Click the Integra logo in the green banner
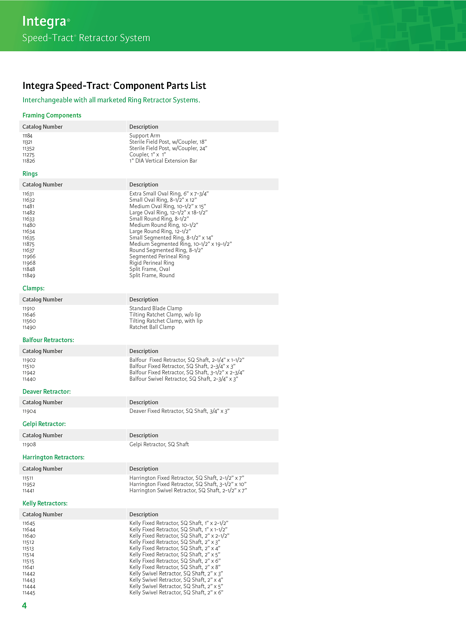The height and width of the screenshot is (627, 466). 46,21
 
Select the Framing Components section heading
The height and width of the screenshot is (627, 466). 52,115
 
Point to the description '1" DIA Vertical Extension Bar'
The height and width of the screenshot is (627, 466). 163,161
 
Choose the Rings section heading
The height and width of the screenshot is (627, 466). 30,174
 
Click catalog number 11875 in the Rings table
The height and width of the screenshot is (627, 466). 29,244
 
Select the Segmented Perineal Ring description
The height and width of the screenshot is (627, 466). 159,256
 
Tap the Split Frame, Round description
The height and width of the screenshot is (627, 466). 152,275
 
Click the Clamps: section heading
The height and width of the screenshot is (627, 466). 34,288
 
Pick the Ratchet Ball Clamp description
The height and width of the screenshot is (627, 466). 152,327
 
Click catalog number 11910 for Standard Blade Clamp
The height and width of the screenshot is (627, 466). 29,308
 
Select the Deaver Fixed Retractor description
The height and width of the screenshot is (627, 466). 179,411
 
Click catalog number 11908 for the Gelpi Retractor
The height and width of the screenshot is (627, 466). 29,444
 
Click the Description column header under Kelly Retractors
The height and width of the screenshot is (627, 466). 144,514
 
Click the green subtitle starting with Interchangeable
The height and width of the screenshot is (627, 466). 111,100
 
